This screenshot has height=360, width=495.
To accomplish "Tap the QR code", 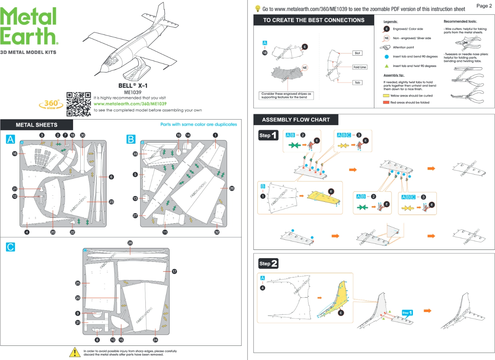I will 79,104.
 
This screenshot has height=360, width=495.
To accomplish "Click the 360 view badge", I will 51,104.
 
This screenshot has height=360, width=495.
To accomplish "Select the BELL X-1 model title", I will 133,86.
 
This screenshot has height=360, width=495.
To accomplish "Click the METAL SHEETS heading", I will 36,125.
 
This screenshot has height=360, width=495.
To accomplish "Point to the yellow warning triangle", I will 75,352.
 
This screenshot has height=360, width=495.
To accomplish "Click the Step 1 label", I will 268,135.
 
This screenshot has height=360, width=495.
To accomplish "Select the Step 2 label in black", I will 268,264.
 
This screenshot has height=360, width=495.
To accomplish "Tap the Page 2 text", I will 484,6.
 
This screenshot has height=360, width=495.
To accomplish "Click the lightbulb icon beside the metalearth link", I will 258,9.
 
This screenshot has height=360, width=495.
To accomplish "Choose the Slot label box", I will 357,53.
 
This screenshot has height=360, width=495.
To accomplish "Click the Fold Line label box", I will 359,67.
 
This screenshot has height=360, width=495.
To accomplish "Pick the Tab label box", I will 357,83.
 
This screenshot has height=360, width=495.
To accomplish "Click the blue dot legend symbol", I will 387,57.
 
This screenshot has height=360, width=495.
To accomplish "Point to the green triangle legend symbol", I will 387,66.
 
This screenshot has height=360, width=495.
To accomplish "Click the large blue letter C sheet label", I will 11,247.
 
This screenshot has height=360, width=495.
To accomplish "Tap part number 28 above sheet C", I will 130,243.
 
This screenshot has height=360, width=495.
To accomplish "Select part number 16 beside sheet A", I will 15,153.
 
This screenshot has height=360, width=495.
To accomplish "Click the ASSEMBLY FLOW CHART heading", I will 296,120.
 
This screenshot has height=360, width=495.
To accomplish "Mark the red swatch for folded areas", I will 386,103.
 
